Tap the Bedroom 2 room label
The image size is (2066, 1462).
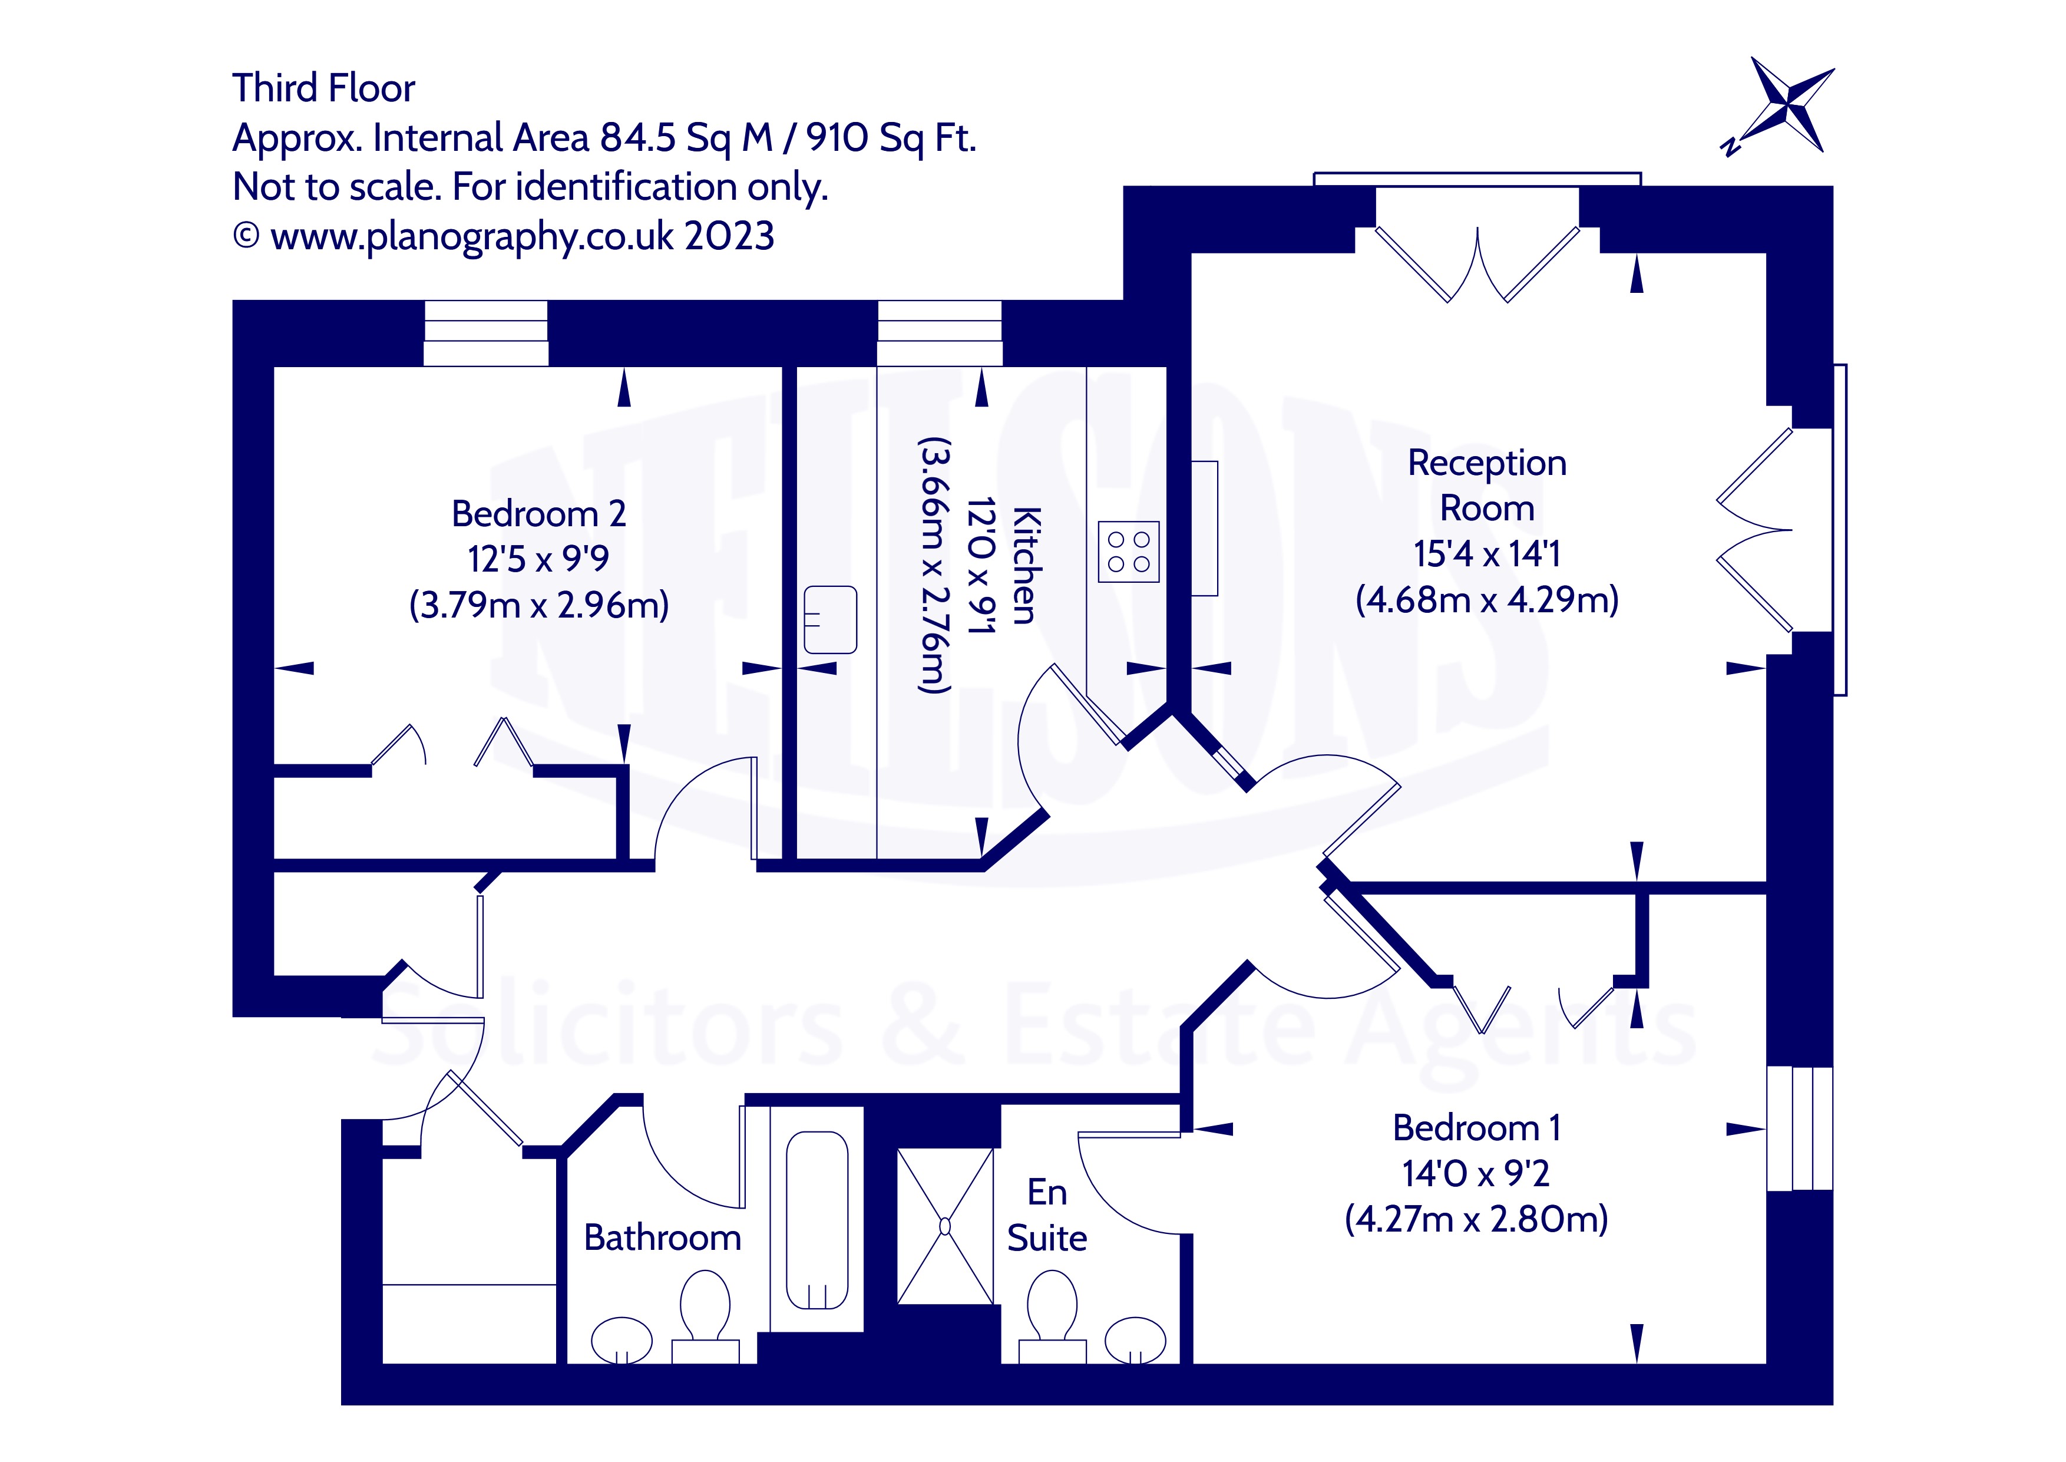pyautogui.click(x=538, y=514)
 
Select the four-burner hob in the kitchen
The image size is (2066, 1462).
pyautogui.click(x=1128, y=552)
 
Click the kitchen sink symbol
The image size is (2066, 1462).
pyautogui.click(x=829, y=619)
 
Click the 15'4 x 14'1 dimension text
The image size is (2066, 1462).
pyautogui.click(x=1486, y=554)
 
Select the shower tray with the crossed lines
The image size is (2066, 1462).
pyautogui.click(x=945, y=1226)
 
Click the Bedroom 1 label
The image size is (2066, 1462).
pyautogui.click(x=1476, y=1128)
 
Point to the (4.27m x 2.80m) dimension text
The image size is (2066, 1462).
pyautogui.click(x=1476, y=1219)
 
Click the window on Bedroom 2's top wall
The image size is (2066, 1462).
pyautogui.click(x=486, y=333)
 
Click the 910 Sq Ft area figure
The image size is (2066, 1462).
pyautogui.click(x=890, y=138)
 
